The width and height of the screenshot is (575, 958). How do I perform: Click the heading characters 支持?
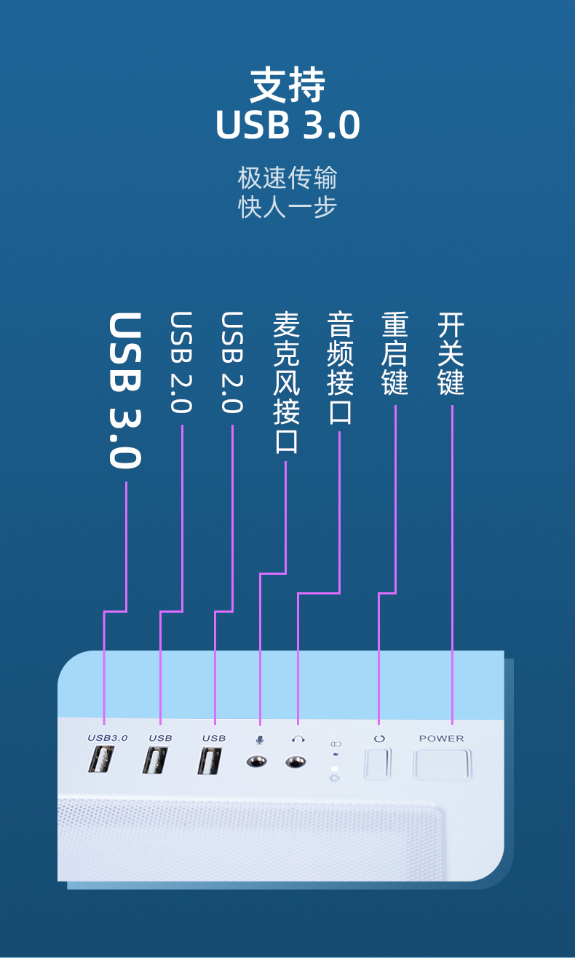(x=287, y=86)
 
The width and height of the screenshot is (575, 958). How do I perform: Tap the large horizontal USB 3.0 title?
(x=287, y=125)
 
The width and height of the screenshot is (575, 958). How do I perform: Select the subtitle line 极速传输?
(x=287, y=178)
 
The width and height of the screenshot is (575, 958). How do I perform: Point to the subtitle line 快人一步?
(x=287, y=207)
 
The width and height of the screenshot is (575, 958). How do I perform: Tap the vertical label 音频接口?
(x=340, y=369)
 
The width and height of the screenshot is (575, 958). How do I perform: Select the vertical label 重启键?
(x=395, y=354)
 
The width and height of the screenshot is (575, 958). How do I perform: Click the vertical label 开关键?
(x=451, y=354)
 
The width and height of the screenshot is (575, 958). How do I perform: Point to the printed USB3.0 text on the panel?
(x=108, y=738)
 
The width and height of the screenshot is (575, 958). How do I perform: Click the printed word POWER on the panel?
(x=441, y=738)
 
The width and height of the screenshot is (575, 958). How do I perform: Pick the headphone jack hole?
(x=296, y=762)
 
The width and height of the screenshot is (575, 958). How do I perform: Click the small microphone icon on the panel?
(x=259, y=739)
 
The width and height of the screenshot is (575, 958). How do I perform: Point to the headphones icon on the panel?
(x=298, y=739)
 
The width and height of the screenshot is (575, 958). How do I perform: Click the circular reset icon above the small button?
(x=378, y=739)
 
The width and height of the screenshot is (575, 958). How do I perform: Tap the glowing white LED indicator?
(x=335, y=769)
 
